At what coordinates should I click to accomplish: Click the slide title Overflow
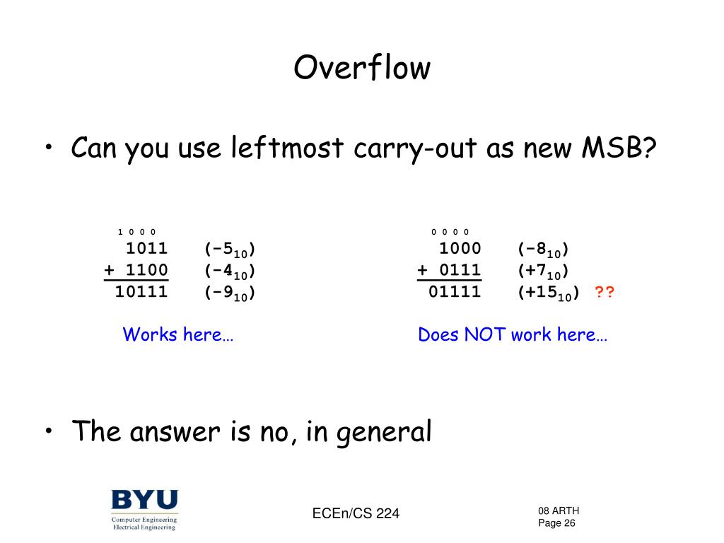click(362, 67)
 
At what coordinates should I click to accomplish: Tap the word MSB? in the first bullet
click(619, 148)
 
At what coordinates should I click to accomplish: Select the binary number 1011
click(147, 248)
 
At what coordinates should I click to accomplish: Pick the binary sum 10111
click(141, 292)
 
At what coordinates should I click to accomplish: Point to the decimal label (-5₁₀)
click(230, 250)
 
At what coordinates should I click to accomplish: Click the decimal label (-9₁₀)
click(230, 293)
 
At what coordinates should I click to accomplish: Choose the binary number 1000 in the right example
click(460, 248)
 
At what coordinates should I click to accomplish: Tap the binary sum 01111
click(455, 292)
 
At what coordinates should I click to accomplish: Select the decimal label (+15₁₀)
click(548, 293)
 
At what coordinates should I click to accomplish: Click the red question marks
click(605, 292)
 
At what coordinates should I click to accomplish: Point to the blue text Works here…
click(177, 334)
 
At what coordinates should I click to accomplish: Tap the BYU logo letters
click(144, 500)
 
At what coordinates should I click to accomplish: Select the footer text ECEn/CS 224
click(356, 513)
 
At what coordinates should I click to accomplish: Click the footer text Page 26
click(556, 523)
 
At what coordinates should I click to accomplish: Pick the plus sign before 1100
click(109, 270)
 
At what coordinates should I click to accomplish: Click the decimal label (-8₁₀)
click(543, 250)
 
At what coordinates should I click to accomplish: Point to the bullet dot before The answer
click(49, 430)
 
